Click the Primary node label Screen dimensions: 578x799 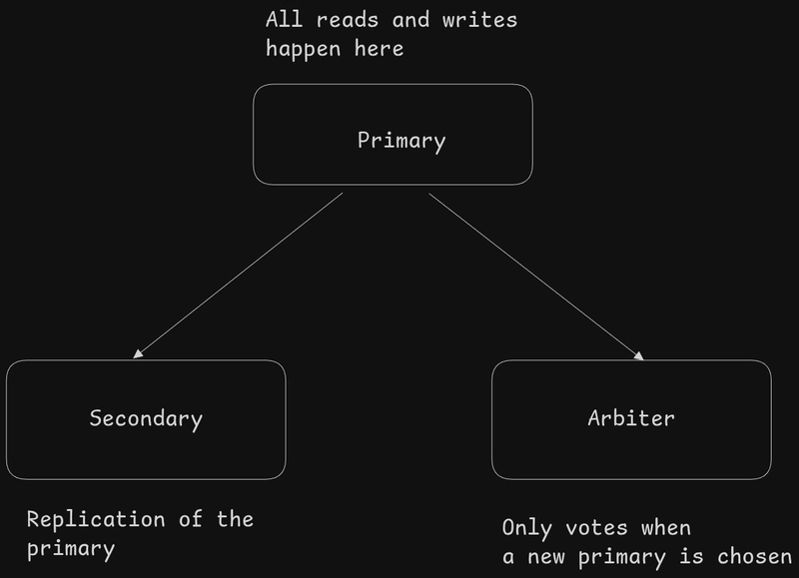pos(401,141)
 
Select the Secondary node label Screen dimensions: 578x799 pos(146,418)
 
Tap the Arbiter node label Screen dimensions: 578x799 pos(631,418)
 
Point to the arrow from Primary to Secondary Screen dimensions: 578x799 pos(240,275)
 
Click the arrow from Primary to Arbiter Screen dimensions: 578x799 pos(535,275)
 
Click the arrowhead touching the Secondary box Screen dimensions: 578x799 pos(139,352)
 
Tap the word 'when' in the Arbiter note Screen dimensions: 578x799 pos(666,528)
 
